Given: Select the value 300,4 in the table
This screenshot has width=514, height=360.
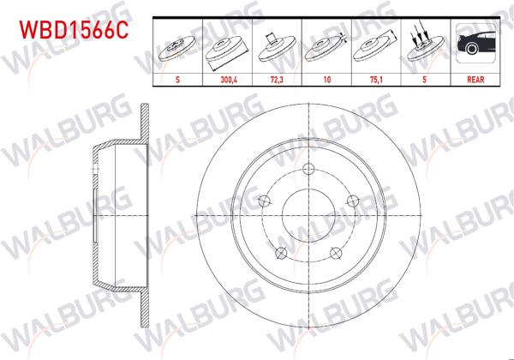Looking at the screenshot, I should pyautogui.click(x=226, y=78).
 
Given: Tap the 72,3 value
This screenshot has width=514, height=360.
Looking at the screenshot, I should pyautogui.click(x=276, y=78).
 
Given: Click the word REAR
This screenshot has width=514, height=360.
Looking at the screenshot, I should pyautogui.click(x=473, y=78).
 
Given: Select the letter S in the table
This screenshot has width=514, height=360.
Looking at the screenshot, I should pyautogui.click(x=176, y=78).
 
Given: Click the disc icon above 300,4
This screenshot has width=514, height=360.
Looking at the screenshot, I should pyautogui.click(x=226, y=47).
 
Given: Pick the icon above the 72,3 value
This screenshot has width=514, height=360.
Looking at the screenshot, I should pyautogui.click(x=276, y=47).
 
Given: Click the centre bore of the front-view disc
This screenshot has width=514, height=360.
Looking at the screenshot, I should pyautogui.click(x=307, y=216).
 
